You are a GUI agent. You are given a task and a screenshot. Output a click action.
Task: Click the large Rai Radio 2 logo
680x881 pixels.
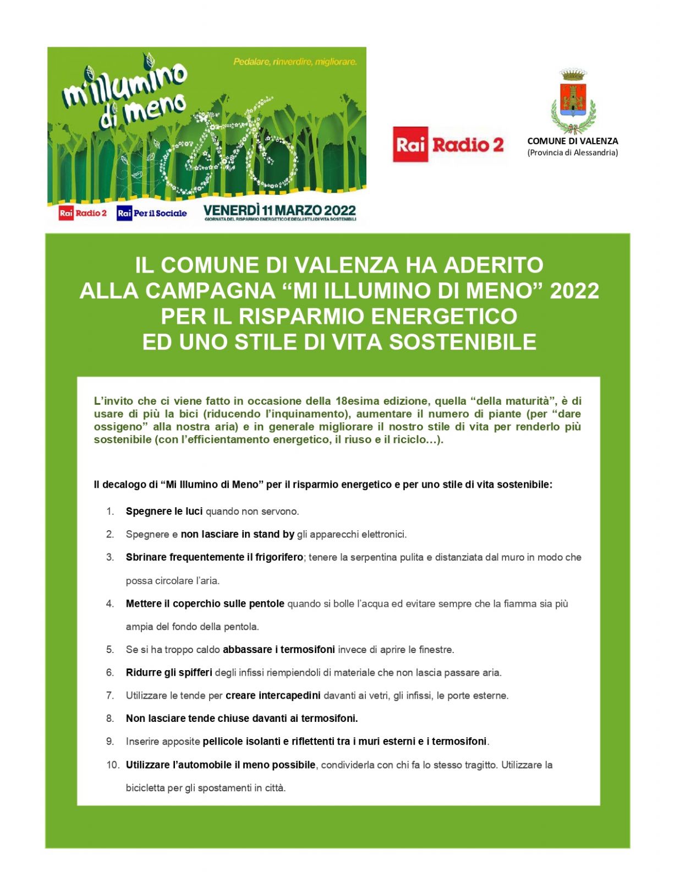coord(448,145)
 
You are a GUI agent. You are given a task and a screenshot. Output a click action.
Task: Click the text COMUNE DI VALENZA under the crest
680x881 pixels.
coord(572,141)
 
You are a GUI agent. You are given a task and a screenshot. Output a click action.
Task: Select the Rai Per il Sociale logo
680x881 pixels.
coord(152,213)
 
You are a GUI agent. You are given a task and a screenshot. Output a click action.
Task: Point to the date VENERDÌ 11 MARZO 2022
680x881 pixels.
coord(279,210)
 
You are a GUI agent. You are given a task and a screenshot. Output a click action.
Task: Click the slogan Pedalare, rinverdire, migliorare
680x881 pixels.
coord(295,62)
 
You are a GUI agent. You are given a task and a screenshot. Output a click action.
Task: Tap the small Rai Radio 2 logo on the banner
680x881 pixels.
coord(83,213)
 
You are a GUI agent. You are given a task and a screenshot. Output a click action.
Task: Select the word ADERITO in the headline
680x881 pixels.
coord(493,265)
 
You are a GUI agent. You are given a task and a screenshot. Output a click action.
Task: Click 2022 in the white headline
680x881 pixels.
coord(574,291)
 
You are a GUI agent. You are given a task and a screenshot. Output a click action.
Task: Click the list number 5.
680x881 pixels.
coord(110,650)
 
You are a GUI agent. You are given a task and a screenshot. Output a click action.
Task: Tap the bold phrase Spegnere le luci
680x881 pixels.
coord(164,512)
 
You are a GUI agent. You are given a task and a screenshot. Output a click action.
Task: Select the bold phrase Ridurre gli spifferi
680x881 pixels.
coord(169,672)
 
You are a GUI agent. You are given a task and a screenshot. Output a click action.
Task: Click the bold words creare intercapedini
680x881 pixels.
coord(273,695)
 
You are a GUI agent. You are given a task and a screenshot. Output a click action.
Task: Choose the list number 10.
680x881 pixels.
coord(112,765)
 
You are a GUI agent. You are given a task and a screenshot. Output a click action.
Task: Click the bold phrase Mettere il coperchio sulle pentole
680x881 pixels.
coord(205,603)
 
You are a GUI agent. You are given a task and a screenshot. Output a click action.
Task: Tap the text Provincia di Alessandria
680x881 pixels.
coord(573,153)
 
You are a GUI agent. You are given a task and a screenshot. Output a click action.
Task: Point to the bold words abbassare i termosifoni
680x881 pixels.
coord(278,650)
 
